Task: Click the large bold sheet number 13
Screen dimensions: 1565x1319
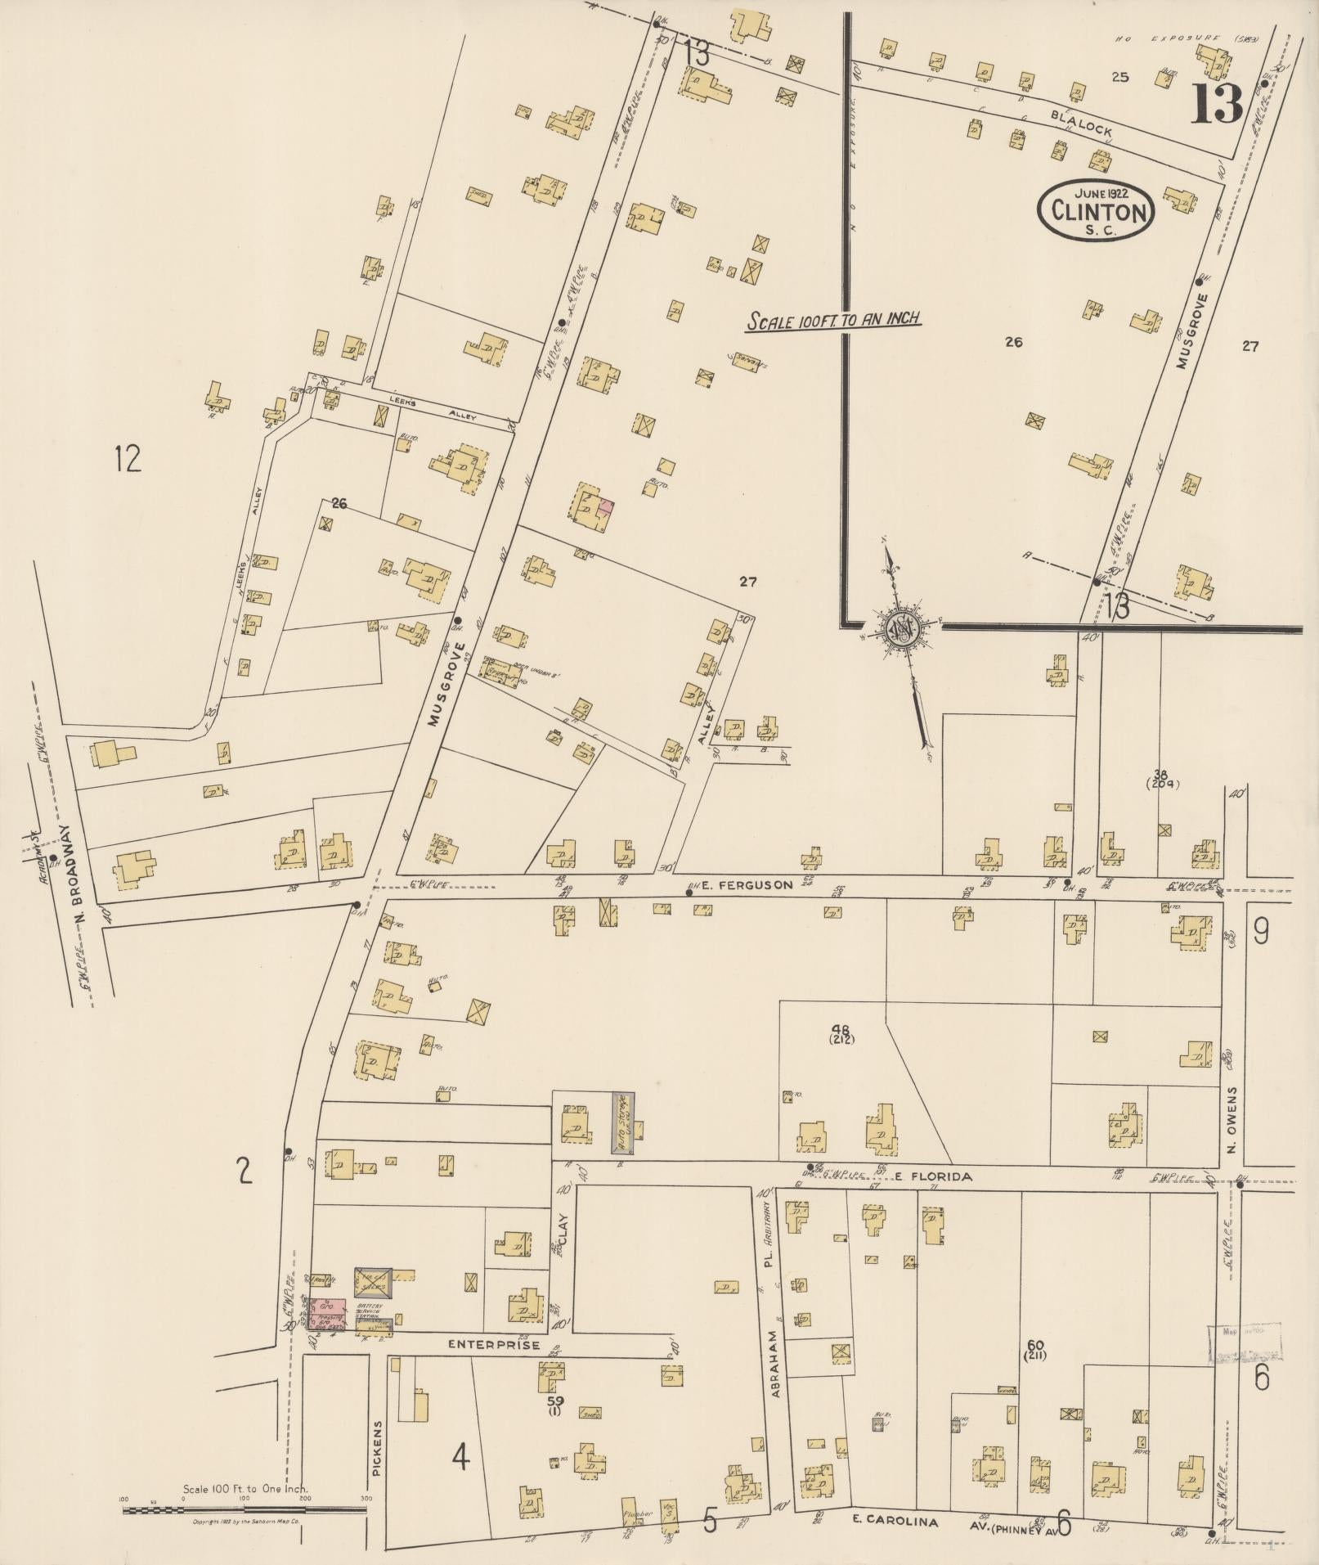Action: pos(1217,105)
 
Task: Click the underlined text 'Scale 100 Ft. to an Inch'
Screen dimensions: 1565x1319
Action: pos(832,320)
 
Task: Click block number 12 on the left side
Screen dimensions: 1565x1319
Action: pos(128,459)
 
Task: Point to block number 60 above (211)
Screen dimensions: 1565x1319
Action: pos(1034,1345)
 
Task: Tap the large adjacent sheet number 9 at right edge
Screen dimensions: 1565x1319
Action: pos(1261,932)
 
